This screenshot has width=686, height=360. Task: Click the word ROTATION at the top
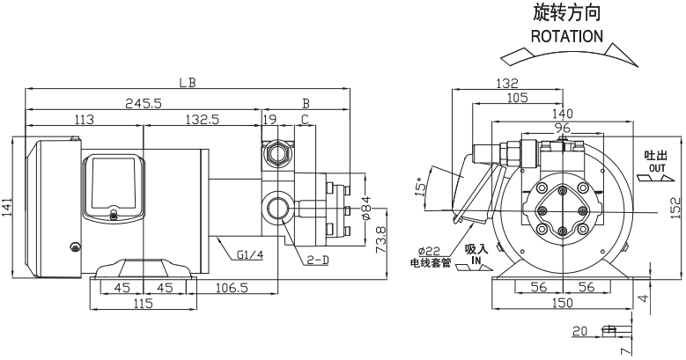pos(567,37)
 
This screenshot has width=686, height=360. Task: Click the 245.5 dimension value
pos(144,103)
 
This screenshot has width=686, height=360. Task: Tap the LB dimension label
pos(186,83)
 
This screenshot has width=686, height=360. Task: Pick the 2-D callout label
pos(318,260)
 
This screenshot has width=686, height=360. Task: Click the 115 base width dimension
pos(142,304)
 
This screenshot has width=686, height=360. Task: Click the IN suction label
pos(476,261)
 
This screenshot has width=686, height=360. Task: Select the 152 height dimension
pos(675,209)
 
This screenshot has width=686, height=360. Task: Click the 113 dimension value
pos(85,119)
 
